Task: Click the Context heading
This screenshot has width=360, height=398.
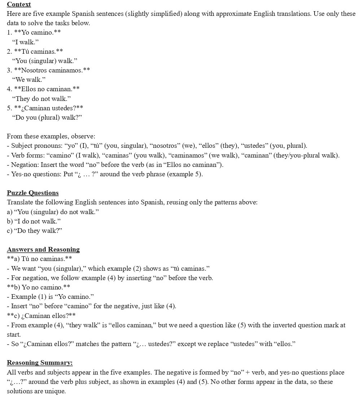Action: [x=19, y=4]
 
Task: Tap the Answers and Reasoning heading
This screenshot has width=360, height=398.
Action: [x=43, y=249]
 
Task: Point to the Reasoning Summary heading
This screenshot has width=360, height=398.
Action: [x=40, y=363]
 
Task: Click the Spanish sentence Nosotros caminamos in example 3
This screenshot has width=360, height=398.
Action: [x=52, y=70]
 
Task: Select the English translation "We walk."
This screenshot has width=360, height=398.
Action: [x=29, y=79]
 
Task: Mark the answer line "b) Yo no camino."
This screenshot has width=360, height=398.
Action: [x=39, y=287]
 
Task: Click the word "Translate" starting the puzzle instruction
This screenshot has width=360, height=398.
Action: [x=20, y=202]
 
